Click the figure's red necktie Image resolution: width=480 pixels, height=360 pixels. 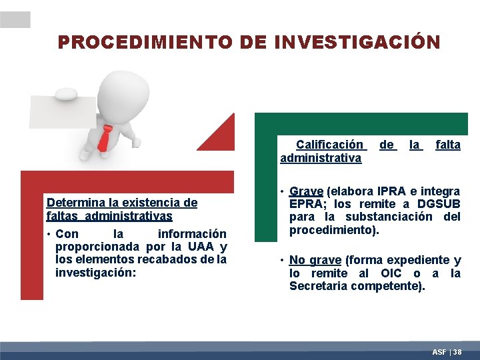(x=105, y=137)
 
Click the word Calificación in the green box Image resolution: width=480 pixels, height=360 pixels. (x=330, y=145)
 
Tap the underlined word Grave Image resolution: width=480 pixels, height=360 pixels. (x=306, y=191)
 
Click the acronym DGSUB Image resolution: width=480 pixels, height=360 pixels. (x=439, y=204)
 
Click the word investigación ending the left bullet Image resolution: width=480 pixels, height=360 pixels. (x=94, y=273)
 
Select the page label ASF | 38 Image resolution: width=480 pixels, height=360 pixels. (x=447, y=351)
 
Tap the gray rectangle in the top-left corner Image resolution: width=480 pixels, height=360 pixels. (x=15, y=19)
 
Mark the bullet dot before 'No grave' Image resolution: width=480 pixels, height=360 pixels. (x=283, y=260)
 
